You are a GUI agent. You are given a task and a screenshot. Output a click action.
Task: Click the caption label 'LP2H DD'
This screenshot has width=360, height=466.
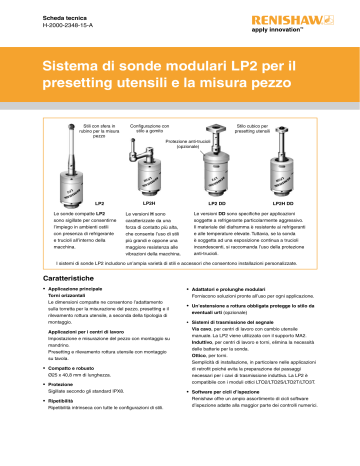(x=285, y=203)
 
